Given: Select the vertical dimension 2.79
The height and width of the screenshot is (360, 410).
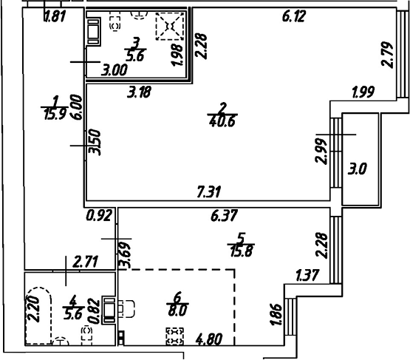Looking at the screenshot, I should pyautogui.click(x=387, y=54).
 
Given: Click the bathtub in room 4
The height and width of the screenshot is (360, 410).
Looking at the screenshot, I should pyautogui.click(x=37, y=319).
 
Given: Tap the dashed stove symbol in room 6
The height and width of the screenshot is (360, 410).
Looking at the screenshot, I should pyautogui.click(x=174, y=338).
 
